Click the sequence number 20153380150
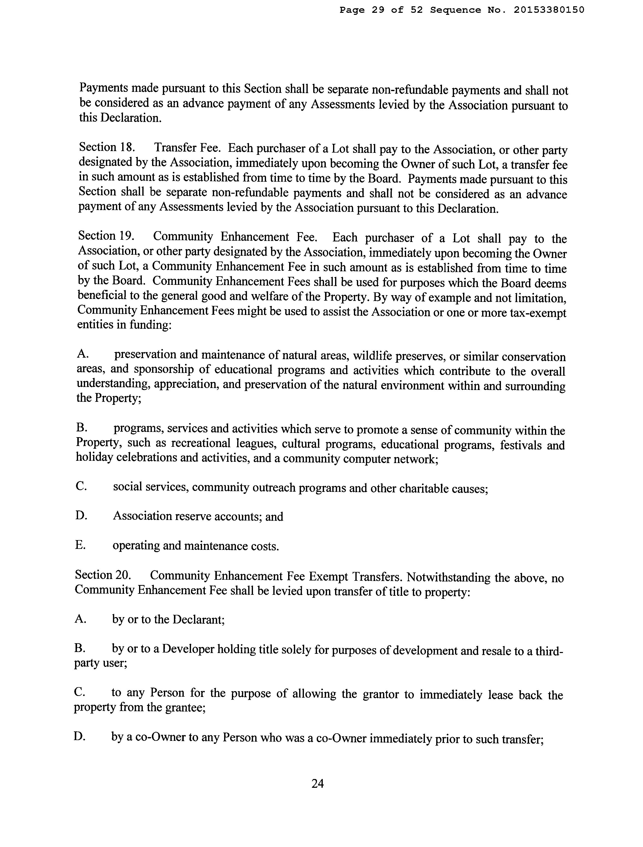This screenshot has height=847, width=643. (x=549, y=10)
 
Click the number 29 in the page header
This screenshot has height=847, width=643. (x=378, y=10)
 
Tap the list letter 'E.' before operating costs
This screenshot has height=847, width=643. (x=80, y=545)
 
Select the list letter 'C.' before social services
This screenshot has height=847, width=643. (x=81, y=486)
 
